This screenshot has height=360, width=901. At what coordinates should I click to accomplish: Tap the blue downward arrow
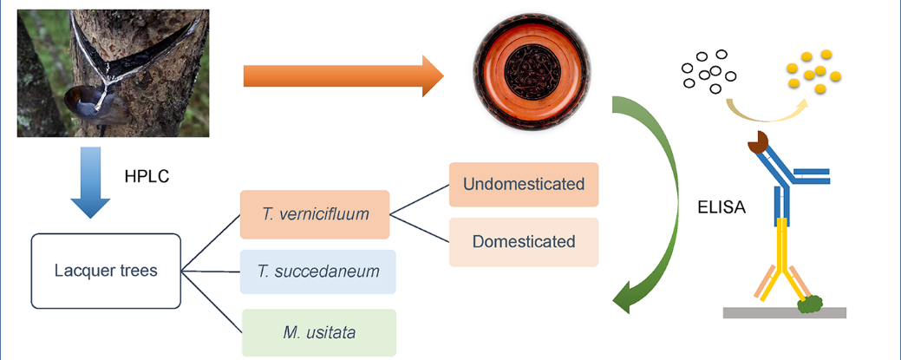(90, 182)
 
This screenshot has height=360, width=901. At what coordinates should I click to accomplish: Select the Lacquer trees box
(106, 271)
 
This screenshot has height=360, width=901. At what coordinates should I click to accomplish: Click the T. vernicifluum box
(315, 213)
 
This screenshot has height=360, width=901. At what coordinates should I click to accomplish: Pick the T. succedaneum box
(318, 272)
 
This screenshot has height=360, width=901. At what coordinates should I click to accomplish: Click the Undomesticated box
(524, 185)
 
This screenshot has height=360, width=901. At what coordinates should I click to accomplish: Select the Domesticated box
(524, 241)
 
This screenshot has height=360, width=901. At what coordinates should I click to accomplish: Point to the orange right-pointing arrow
(343, 76)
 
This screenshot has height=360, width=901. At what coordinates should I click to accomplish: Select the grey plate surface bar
(784, 312)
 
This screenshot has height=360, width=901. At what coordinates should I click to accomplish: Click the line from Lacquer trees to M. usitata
(212, 300)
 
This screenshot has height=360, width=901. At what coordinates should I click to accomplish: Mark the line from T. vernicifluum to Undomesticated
(419, 200)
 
